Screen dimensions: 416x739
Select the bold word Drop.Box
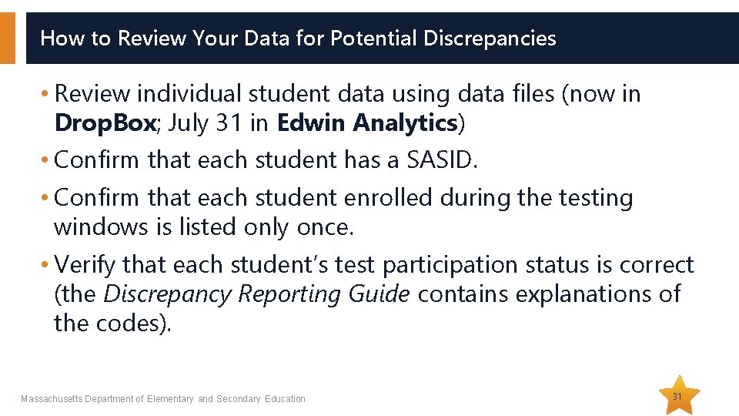[105, 123]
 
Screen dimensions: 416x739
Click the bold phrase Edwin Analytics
[367, 123]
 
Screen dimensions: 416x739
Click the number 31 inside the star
[677, 396]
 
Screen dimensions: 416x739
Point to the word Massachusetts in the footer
[52, 399]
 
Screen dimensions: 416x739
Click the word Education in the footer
[285, 399]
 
